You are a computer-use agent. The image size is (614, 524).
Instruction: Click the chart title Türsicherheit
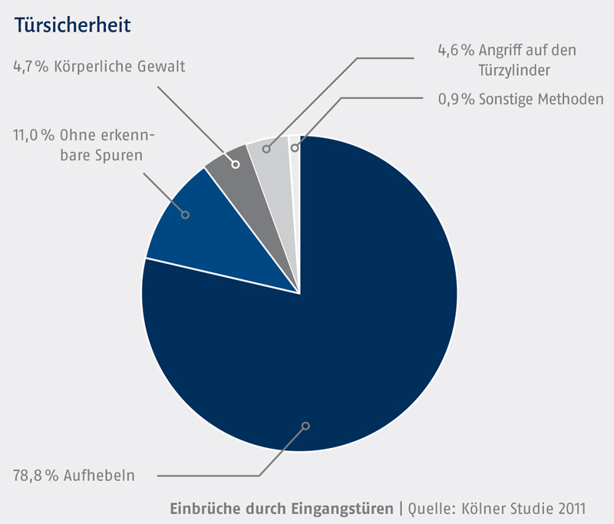pyautogui.click(x=72, y=25)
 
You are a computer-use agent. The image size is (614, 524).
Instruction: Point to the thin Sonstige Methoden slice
pyautogui.click(x=295, y=153)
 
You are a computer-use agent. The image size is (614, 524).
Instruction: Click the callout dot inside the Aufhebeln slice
pyautogui.click(x=305, y=425)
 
